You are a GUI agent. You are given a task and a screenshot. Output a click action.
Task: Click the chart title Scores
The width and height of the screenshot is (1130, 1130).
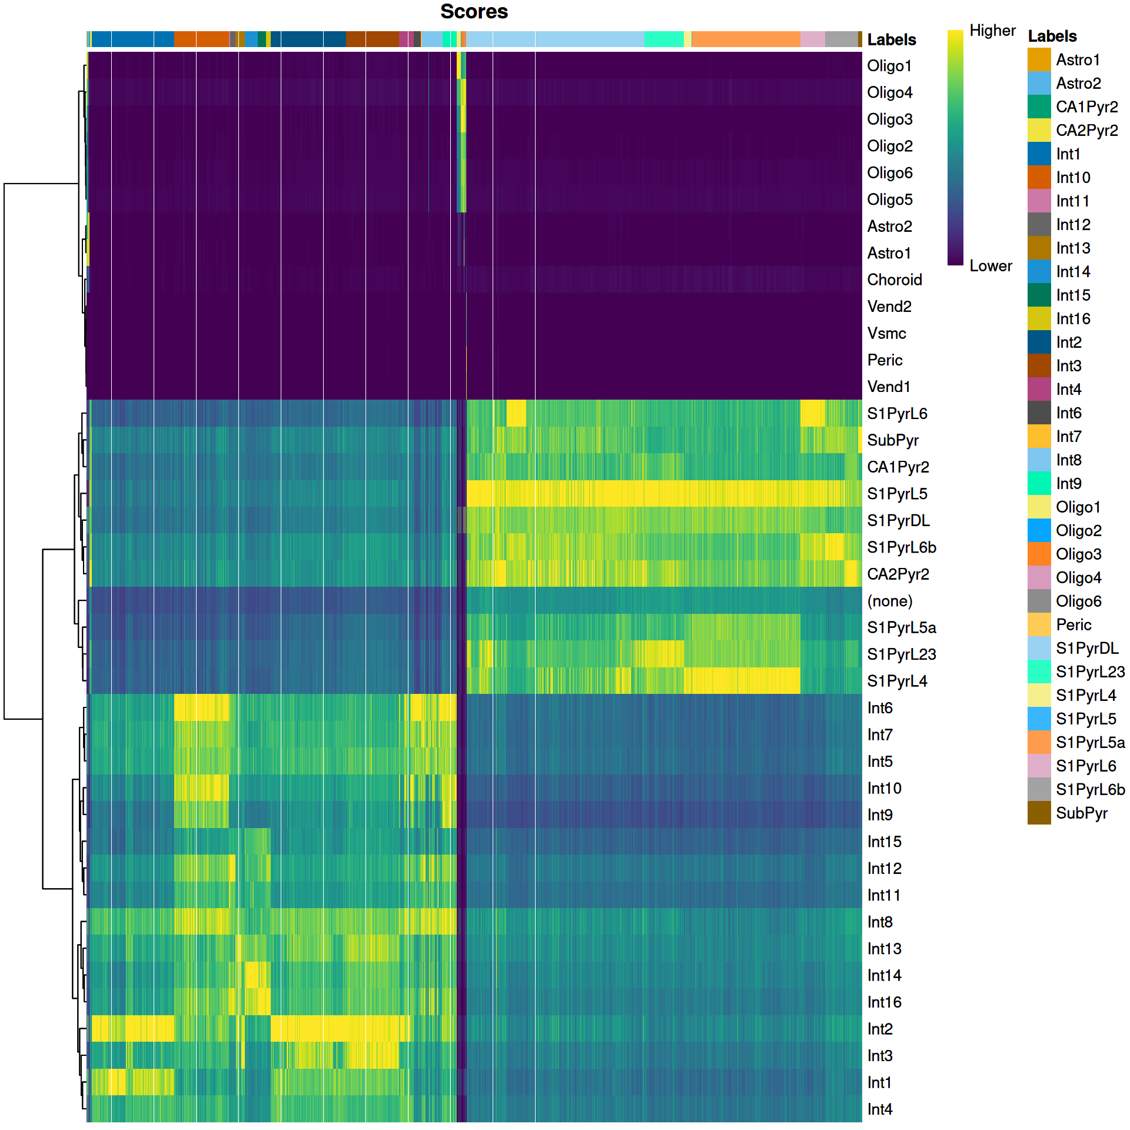pyautogui.click(x=474, y=12)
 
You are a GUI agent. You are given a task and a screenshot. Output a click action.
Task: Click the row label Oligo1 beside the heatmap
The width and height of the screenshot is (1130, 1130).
pyautogui.click(x=889, y=66)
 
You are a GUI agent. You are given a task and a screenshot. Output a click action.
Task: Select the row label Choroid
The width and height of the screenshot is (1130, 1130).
pyautogui.click(x=894, y=280)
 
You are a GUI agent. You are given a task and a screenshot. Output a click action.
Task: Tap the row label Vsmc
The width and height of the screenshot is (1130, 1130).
pyautogui.click(x=886, y=334)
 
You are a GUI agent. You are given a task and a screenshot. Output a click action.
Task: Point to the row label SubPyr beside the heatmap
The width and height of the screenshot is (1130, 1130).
pyautogui.click(x=893, y=440)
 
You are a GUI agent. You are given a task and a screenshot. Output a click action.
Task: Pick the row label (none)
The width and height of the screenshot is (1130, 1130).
pyautogui.click(x=890, y=601)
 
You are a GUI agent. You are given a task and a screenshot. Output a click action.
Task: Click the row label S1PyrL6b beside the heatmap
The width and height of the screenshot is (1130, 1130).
pyautogui.click(x=901, y=547)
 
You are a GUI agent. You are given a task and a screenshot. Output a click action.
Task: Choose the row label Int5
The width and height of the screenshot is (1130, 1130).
pyautogui.click(x=880, y=762)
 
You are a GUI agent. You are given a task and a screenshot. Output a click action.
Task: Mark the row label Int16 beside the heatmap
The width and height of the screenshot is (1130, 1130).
pyautogui.click(x=884, y=1002)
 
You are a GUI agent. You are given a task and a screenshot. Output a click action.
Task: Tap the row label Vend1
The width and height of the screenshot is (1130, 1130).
pyautogui.click(x=889, y=387)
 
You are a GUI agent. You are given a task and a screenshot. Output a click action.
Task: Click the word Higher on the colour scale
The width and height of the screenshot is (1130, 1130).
pyautogui.click(x=992, y=31)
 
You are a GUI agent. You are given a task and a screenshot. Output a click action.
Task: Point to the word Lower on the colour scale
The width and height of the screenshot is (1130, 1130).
pyautogui.click(x=991, y=266)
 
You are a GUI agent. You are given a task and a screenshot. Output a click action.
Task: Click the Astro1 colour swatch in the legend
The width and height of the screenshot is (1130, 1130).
pyautogui.click(x=1039, y=59)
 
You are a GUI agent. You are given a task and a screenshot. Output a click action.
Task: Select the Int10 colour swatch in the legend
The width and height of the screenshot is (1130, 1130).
pyautogui.click(x=1039, y=177)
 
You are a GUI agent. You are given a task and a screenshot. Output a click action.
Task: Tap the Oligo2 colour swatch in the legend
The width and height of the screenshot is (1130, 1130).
pyautogui.click(x=1039, y=530)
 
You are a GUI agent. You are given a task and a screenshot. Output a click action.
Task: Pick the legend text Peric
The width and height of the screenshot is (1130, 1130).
pyautogui.click(x=1073, y=625)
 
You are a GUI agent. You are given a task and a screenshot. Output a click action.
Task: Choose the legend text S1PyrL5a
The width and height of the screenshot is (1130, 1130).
pyautogui.click(x=1090, y=743)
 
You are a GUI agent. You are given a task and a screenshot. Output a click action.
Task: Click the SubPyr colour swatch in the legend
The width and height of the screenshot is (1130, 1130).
pyautogui.click(x=1039, y=813)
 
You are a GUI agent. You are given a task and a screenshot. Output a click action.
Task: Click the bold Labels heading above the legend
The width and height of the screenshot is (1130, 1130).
pyautogui.click(x=1052, y=36)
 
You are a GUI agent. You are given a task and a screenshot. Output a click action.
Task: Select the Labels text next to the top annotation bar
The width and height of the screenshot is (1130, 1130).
pyautogui.click(x=892, y=40)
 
